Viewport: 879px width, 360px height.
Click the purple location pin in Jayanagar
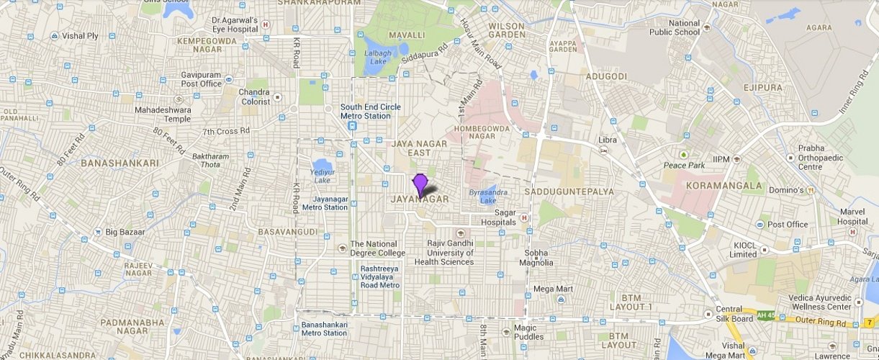420,183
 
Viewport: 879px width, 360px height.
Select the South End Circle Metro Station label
371,112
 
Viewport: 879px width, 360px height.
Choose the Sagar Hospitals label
496,217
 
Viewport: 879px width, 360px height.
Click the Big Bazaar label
125,232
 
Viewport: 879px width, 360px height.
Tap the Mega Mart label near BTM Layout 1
552,289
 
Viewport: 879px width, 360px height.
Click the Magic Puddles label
528,332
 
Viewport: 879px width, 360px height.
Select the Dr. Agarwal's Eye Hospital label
235,25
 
